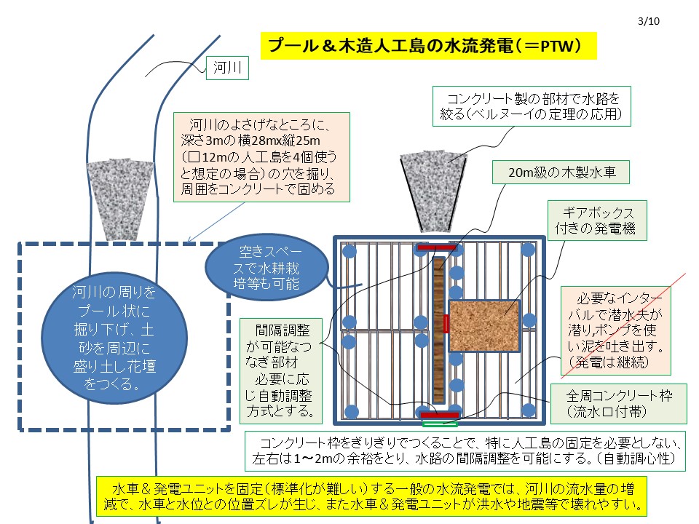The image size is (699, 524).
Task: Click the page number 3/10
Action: coord(649,21)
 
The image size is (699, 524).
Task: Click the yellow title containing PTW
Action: coord(428,46)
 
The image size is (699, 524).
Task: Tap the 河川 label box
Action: coord(227,68)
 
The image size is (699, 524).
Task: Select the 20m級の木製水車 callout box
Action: coord(561,172)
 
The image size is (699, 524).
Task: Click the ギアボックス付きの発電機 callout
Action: coord(597,221)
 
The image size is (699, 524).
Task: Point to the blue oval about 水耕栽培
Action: coord(266,267)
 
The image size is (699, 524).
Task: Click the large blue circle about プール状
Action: coord(114,338)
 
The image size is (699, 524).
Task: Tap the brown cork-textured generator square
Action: coord(483,326)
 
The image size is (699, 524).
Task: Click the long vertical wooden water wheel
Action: coord(438,330)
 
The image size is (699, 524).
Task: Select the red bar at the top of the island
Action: coord(436,247)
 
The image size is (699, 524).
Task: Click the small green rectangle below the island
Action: coord(439,424)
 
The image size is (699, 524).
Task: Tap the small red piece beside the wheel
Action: coord(446,323)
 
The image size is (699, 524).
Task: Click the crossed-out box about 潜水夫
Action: coord(616,330)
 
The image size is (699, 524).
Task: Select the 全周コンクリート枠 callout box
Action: coord(619,403)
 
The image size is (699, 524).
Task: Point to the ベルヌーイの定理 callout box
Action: coord(532,106)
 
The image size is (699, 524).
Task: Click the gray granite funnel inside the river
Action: coord(119,199)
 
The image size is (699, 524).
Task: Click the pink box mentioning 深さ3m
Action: coord(261,157)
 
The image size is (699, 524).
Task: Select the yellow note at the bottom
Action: coord(371,496)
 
